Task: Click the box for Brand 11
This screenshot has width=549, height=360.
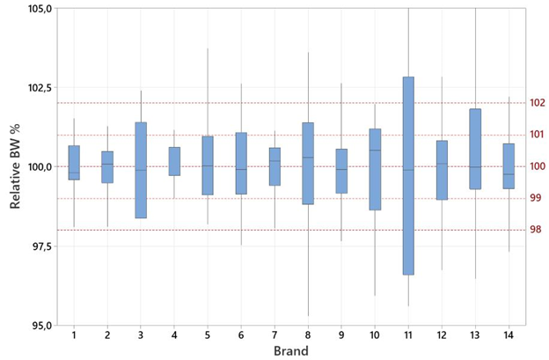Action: pos(408,176)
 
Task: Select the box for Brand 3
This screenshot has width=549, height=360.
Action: pos(141,170)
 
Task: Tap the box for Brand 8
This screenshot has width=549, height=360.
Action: pos(308,164)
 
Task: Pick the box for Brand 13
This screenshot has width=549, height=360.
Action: pos(475,149)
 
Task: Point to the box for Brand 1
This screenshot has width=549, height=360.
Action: pos(74,163)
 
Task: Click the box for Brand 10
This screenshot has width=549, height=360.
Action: pos(375,169)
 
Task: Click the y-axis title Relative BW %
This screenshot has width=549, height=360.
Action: pos(16,166)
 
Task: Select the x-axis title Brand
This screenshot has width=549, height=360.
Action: pos(290,350)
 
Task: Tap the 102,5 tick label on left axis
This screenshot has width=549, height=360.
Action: pos(36,88)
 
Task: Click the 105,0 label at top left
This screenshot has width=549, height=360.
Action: pos(36,9)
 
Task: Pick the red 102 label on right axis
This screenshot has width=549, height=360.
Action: pos(538,103)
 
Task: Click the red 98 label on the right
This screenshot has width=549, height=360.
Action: pos(536,230)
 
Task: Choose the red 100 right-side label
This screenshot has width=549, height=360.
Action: pos(538,166)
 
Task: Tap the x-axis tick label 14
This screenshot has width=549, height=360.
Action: pos(509,335)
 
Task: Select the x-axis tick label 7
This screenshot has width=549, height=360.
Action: pos(274,335)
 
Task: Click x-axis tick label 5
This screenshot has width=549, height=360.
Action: pos(208,335)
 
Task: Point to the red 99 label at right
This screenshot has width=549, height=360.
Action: pos(536,198)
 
